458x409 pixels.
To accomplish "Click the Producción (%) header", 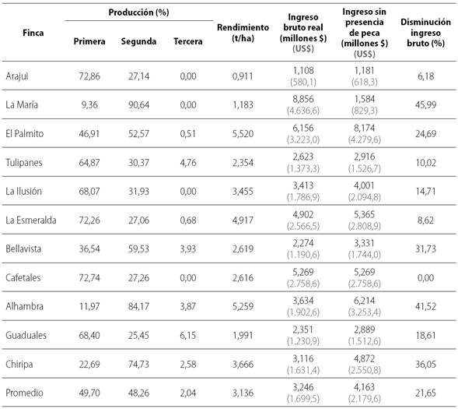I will (x=138, y=13).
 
